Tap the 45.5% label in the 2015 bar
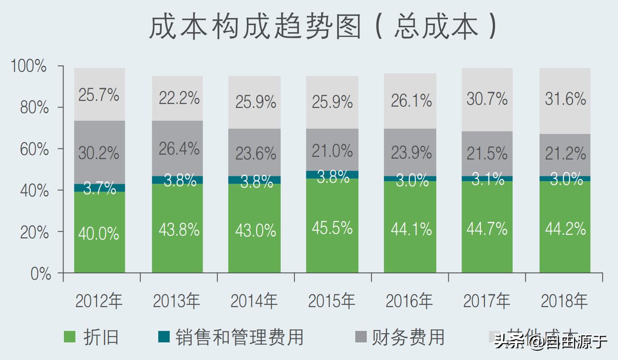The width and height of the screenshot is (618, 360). click(332, 228)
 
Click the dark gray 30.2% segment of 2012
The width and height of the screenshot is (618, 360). click(99, 152)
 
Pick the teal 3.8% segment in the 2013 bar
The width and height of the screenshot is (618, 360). click(177, 180)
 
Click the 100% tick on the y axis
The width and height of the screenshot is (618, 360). click(29, 67)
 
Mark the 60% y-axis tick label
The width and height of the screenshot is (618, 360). click(34, 149)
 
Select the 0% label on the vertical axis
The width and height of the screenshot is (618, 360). click(40, 274)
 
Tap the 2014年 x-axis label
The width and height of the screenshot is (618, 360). click(254, 301)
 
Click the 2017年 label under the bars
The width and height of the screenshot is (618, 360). click(487, 301)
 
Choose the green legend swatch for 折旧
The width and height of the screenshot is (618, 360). click(70, 337)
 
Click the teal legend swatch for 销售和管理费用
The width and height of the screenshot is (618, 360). click(164, 337)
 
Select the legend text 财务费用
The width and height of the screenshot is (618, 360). click(408, 337)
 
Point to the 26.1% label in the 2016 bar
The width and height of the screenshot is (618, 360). click(411, 101)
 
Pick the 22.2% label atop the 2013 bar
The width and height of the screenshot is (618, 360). click(178, 98)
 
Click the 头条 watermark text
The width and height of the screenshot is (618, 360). click(507, 341)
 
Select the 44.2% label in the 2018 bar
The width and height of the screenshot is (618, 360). click(565, 228)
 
